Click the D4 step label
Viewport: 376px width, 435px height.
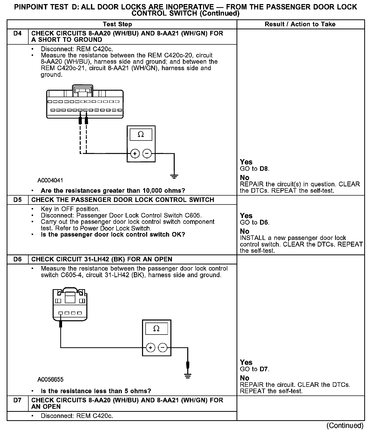(x=17, y=33)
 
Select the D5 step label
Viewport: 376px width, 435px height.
(x=17, y=200)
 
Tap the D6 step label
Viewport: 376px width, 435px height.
(x=17, y=259)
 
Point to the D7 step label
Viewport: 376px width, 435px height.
(x=17, y=400)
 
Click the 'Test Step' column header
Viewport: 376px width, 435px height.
(x=117, y=24)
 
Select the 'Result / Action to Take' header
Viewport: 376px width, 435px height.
(x=300, y=24)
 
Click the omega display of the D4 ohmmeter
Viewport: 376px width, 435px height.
(x=141, y=134)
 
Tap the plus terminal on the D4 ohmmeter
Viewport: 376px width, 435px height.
(x=135, y=153)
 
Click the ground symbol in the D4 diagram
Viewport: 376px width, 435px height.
(x=174, y=176)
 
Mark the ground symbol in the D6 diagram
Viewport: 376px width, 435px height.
(x=188, y=376)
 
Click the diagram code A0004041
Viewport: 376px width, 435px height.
(x=50, y=181)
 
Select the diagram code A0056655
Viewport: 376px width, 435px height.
(x=50, y=379)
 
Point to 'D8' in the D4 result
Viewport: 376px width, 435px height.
(x=264, y=169)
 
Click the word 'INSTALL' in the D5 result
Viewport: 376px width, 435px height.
(x=253, y=238)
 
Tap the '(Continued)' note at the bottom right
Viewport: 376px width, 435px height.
(x=345, y=425)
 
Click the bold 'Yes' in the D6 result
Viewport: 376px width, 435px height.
(x=246, y=362)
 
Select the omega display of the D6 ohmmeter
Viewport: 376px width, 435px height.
(x=156, y=329)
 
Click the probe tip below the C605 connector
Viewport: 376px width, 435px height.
(x=61, y=324)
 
